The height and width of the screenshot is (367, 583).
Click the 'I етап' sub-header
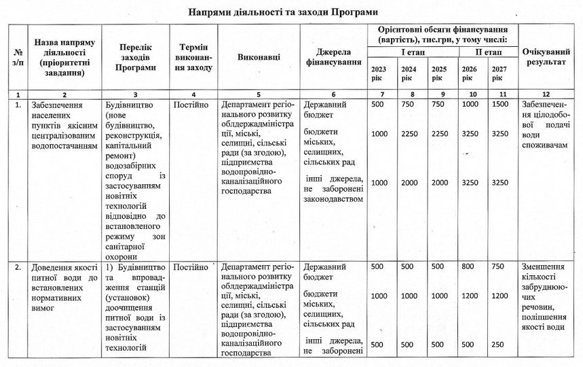[413, 52]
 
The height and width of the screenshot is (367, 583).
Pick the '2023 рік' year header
[379, 73]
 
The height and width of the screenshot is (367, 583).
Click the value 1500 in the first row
[499, 105]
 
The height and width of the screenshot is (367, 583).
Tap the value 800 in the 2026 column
[468, 267]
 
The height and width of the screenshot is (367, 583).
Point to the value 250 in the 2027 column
[499, 345]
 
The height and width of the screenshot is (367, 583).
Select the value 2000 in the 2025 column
[439, 182]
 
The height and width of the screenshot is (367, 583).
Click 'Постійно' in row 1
[191, 105]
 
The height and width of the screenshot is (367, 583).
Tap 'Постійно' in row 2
[191, 267]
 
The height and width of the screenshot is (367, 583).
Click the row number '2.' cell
[17, 267]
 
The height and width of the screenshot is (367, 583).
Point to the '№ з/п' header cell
[17, 57]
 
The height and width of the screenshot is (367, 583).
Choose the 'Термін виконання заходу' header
[193, 57]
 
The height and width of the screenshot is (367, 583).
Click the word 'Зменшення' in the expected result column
[543, 267]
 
